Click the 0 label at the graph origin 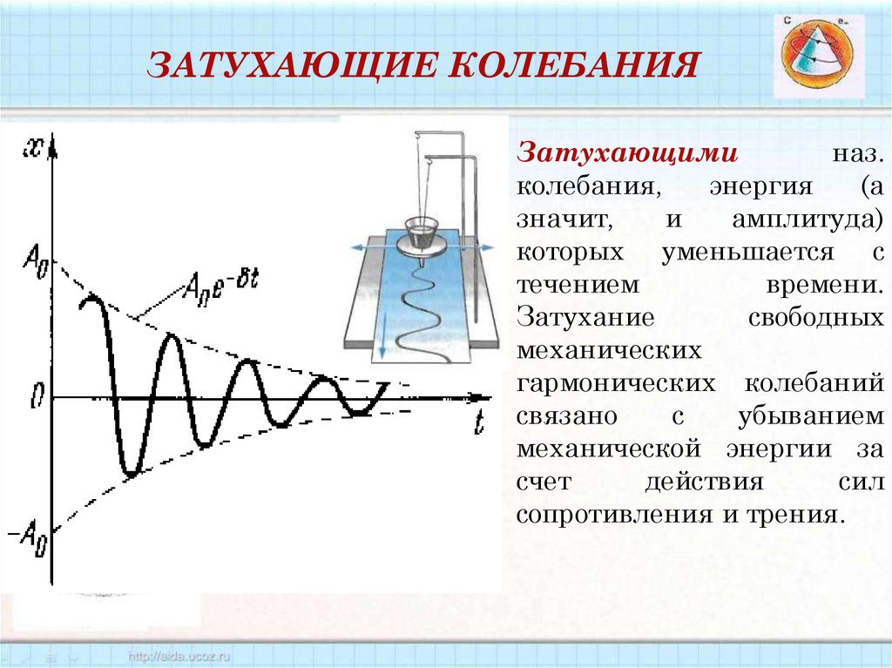point(36,398)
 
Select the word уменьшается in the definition point(747,253)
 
